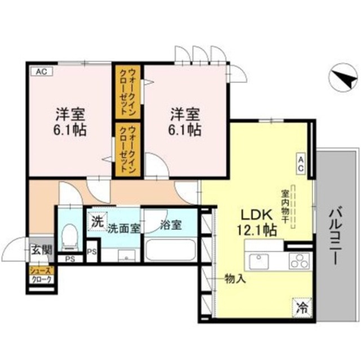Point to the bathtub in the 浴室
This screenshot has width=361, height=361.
click(x=170, y=249)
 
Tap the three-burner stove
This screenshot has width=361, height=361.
click(x=299, y=261)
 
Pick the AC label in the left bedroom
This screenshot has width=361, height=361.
click(x=41, y=72)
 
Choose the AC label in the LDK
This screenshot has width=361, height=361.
click(x=301, y=164)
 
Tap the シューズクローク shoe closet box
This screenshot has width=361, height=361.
click(x=41, y=275)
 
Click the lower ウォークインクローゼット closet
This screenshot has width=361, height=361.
click(x=129, y=150)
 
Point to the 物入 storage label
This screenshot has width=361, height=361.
click(x=235, y=278)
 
